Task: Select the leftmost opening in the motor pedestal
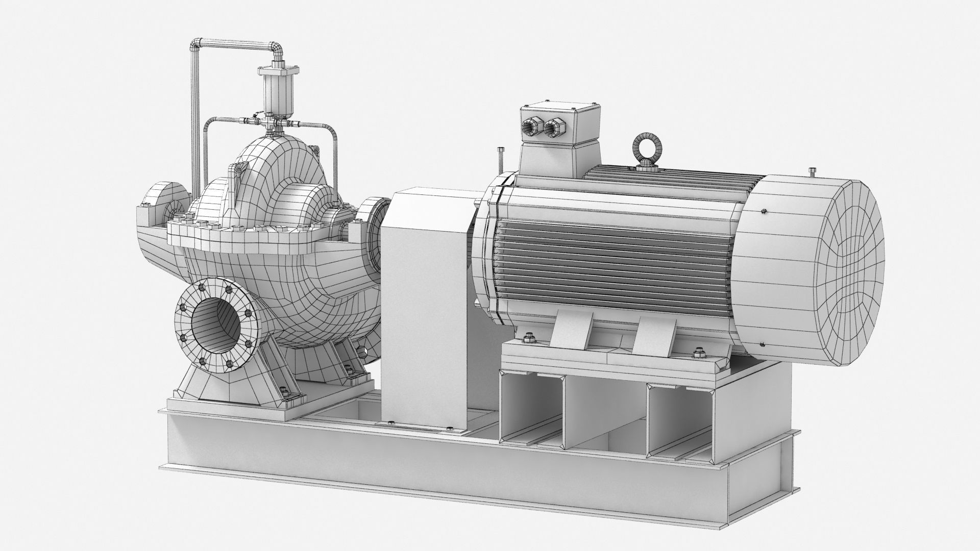531,413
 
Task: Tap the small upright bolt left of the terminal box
499,158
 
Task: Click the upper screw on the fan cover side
764,210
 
